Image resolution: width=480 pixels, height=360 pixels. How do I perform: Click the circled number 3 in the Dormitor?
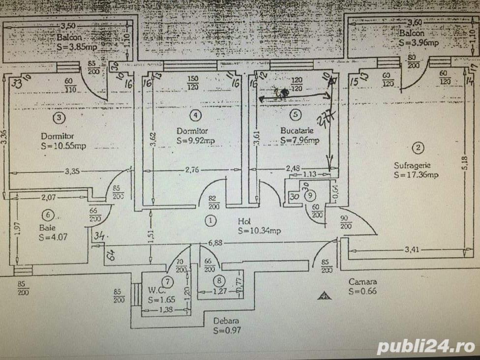coord(59,118)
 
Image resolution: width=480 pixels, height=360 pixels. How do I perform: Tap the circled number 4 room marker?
coord(196,115)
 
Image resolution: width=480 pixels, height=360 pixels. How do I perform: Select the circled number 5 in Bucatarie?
coord(295,115)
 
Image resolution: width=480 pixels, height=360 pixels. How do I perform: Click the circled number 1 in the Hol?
coord(210,221)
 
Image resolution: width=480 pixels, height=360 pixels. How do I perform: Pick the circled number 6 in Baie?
coord(47,215)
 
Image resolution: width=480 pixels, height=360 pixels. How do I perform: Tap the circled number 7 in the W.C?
coord(168,282)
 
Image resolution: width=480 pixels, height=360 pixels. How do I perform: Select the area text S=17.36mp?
coord(416,175)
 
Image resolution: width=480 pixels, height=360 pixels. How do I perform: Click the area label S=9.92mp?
coord(195,141)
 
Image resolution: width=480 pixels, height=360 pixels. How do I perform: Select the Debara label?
coord(226,321)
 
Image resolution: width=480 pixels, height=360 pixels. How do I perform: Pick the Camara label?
coord(362,282)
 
